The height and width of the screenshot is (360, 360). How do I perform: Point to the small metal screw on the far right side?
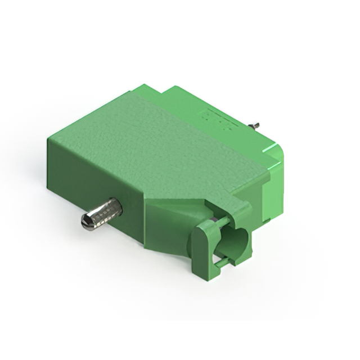point(255,125)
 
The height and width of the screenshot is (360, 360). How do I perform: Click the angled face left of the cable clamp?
point(169,225)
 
